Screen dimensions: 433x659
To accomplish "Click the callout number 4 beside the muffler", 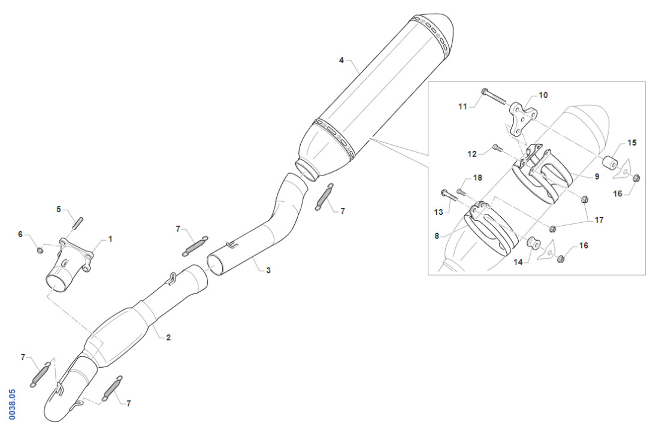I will pyautogui.click(x=341, y=60).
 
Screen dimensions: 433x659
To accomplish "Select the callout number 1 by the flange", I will pyautogui.click(x=110, y=238).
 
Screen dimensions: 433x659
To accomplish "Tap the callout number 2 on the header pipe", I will pyautogui.click(x=168, y=338).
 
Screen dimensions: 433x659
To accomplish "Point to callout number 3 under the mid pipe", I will pyautogui.click(x=268, y=270).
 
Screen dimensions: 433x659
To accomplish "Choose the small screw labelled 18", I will pyautogui.click(x=461, y=192).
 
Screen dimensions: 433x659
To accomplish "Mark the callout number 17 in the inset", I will pyautogui.click(x=598, y=220).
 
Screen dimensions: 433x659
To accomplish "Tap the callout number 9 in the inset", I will pyautogui.click(x=597, y=177).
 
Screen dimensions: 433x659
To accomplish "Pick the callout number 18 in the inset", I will pyautogui.click(x=477, y=178).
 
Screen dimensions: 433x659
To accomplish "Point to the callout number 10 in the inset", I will pyautogui.click(x=543, y=95).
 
